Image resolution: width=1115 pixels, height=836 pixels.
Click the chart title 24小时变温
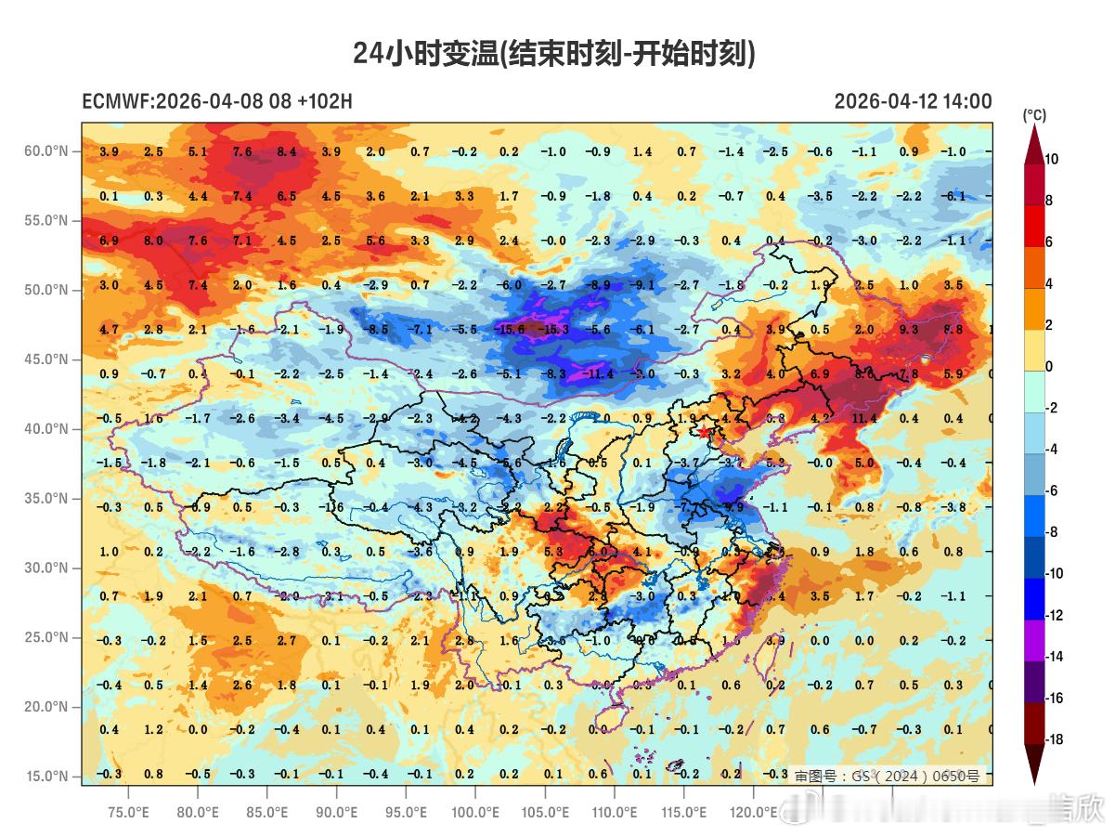554,54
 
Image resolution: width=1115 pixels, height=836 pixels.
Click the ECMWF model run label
217,101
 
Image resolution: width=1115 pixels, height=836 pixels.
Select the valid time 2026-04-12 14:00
913,101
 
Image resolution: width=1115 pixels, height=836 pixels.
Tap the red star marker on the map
705,432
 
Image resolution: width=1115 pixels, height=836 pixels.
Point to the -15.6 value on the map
511,330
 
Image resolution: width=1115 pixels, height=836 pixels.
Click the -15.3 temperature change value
555,330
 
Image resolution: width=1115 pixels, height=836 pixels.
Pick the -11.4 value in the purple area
599,374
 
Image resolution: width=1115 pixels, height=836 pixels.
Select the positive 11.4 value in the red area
864,419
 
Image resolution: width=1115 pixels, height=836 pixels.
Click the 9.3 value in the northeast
908,330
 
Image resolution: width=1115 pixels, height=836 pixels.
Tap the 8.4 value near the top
287,151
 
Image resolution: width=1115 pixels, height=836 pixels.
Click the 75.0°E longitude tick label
128,812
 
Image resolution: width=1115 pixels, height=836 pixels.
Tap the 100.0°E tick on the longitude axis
475,812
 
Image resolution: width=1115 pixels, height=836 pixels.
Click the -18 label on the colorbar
1054,740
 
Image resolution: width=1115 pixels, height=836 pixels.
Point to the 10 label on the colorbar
1051,160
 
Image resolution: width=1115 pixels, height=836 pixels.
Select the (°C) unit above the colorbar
1034,115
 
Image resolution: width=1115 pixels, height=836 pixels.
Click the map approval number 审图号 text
886,776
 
